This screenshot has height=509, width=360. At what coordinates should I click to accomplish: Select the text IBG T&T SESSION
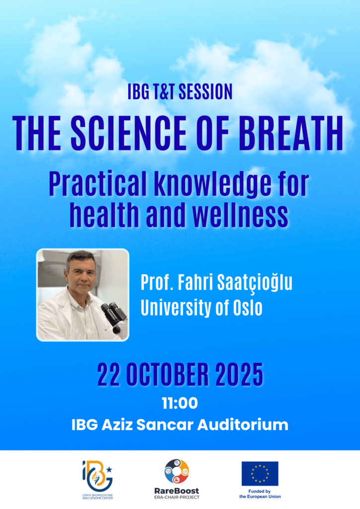tap(180, 91)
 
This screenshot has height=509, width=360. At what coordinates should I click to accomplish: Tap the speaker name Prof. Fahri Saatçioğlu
tap(216, 283)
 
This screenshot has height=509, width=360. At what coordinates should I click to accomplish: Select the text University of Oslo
tap(201, 307)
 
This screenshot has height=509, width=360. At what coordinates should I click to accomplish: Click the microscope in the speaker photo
tap(113, 318)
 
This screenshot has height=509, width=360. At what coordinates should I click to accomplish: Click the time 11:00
tap(180, 404)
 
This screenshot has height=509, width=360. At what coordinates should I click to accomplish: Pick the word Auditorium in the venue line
tap(243, 425)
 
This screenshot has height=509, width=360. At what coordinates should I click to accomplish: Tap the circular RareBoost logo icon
tap(177, 471)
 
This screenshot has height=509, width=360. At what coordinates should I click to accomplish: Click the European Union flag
tap(260, 474)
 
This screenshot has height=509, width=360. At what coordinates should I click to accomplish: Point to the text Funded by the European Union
tap(260, 494)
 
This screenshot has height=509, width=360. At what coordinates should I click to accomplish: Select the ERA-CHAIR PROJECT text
tap(177, 497)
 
